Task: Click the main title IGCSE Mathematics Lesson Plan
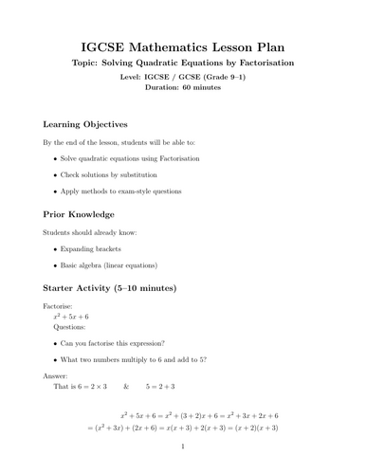[x=182, y=46]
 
